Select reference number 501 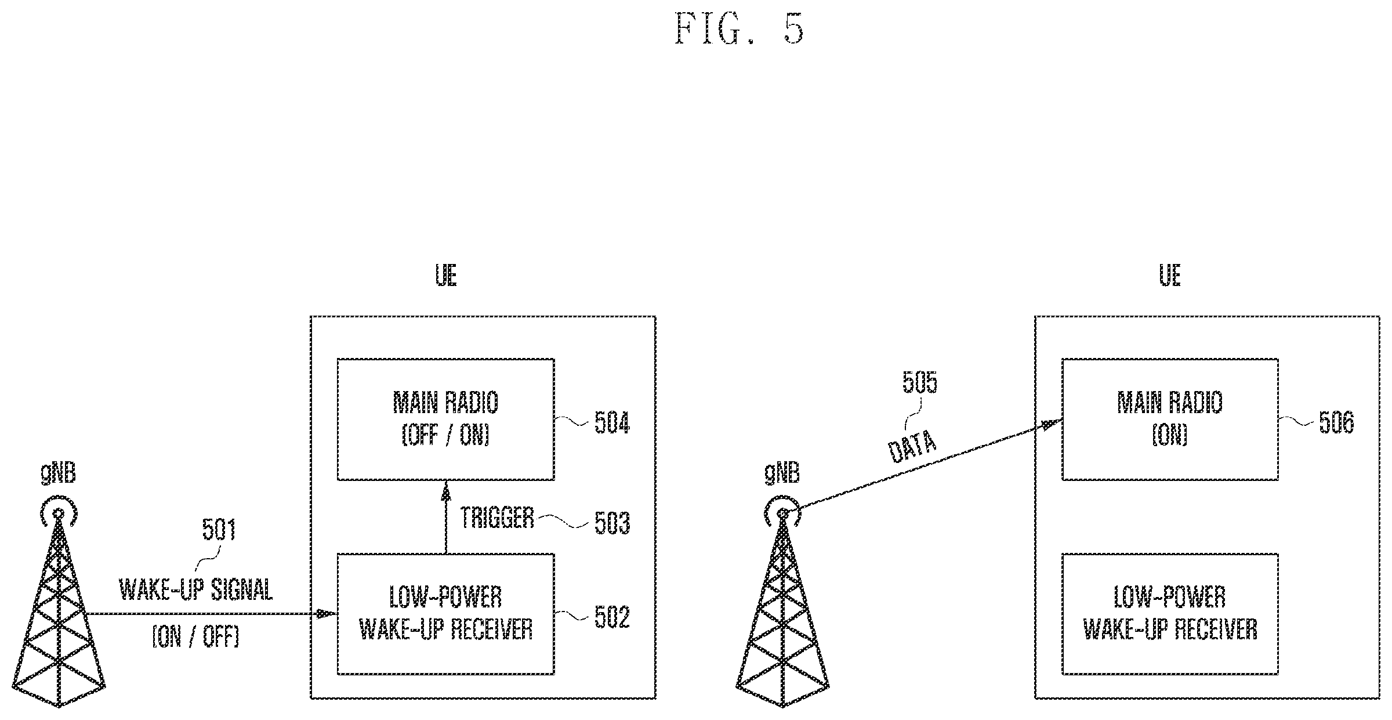click(x=219, y=530)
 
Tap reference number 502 click(x=612, y=617)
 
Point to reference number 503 click(x=612, y=523)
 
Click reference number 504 click(x=612, y=423)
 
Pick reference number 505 click(x=920, y=382)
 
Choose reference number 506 click(x=1336, y=423)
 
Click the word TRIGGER click(x=497, y=518)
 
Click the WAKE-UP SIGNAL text click(x=196, y=591)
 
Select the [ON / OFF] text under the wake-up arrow click(x=195, y=638)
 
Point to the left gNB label click(x=58, y=475)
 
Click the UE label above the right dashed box click(x=1170, y=276)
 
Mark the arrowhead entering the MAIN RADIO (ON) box click(x=1053, y=424)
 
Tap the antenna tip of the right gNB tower click(x=782, y=513)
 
